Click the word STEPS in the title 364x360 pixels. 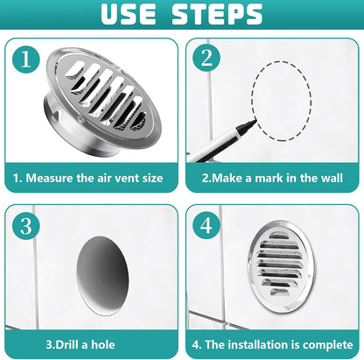tap(217, 14)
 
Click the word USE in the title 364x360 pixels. tap(129, 14)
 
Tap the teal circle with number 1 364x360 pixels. tap(26, 59)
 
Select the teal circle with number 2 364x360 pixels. tap(206, 58)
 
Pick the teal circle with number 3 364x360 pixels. tap(26, 226)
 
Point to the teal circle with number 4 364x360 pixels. tap(206, 225)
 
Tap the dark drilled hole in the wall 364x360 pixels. tap(102, 276)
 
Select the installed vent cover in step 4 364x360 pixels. tap(282, 266)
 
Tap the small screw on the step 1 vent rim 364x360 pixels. tap(81, 120)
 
